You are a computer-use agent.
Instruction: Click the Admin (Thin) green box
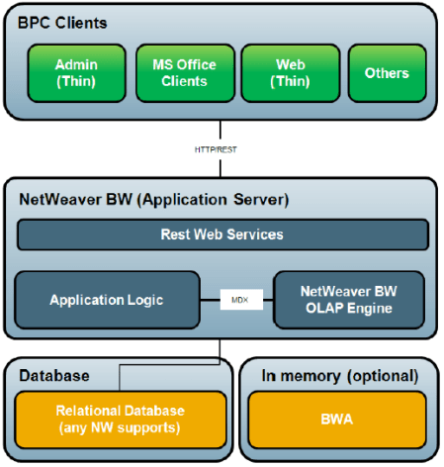click(76, 72)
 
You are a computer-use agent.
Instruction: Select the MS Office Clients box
click(183, 72)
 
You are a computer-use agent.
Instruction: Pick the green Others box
click(386, 72)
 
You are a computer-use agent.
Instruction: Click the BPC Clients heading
click(63, 22)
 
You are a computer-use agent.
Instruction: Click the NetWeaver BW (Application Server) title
click(153, 199)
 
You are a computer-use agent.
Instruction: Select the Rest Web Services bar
click(222, 234)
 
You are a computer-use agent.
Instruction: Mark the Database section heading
click(54, 376)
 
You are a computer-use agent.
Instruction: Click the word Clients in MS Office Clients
click(184, 81)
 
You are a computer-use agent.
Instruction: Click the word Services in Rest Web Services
click(254, 234)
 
